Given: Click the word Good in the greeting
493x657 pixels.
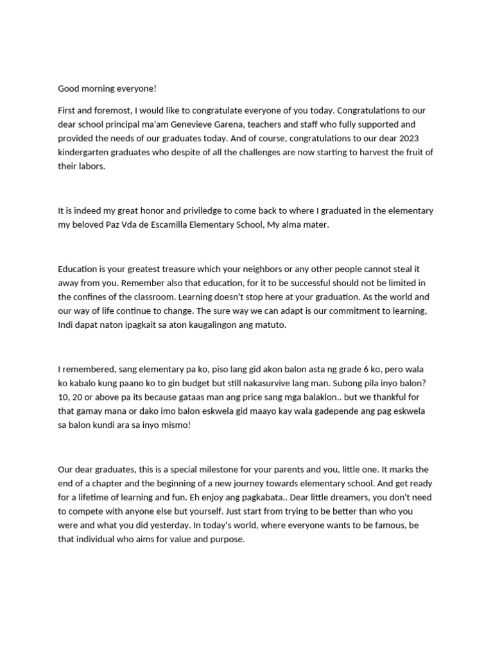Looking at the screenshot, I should point(69,89).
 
